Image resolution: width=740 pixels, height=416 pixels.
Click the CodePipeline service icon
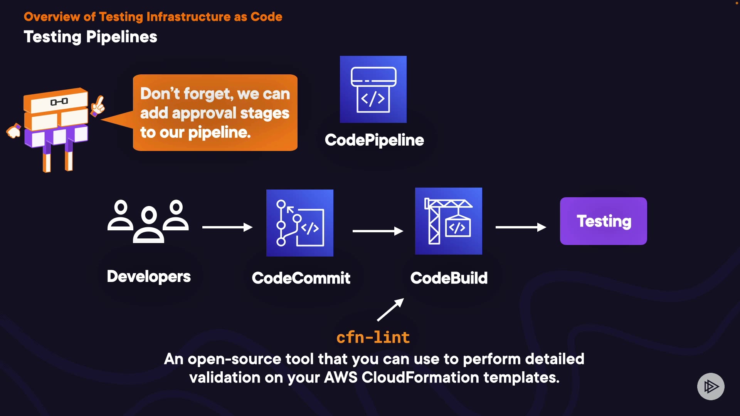coord(373,89)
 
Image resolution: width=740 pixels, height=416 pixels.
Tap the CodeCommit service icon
coord(299,223)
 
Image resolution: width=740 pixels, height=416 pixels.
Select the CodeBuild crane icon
coord(448,221)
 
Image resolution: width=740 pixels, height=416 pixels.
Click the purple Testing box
coord(603,221)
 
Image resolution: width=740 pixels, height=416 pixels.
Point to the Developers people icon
coord(148,221)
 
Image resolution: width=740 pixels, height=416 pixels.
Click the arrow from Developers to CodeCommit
coord(227,227)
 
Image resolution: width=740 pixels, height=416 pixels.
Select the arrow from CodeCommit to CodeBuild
coord(377,231)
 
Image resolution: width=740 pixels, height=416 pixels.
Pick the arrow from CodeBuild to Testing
coord(520,227)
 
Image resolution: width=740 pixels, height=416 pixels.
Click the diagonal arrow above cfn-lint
coord(390,310)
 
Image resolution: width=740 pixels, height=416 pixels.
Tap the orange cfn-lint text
coord(373,337)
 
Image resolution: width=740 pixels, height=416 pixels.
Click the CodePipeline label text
coord(374,140)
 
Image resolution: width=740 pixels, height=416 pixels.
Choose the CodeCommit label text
coord(301,278)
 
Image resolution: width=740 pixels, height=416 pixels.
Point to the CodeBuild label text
coord(449,278)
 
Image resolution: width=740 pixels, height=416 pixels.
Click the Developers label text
coord(149,277)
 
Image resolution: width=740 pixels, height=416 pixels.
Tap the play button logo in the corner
coord(711,386)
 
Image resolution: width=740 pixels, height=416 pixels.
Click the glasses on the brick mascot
coord(59,102)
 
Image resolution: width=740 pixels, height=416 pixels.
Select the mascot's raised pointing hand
coord(98,105)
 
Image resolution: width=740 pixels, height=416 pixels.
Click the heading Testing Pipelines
coord(91,37)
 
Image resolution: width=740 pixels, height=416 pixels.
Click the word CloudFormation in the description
coord(420,377)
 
